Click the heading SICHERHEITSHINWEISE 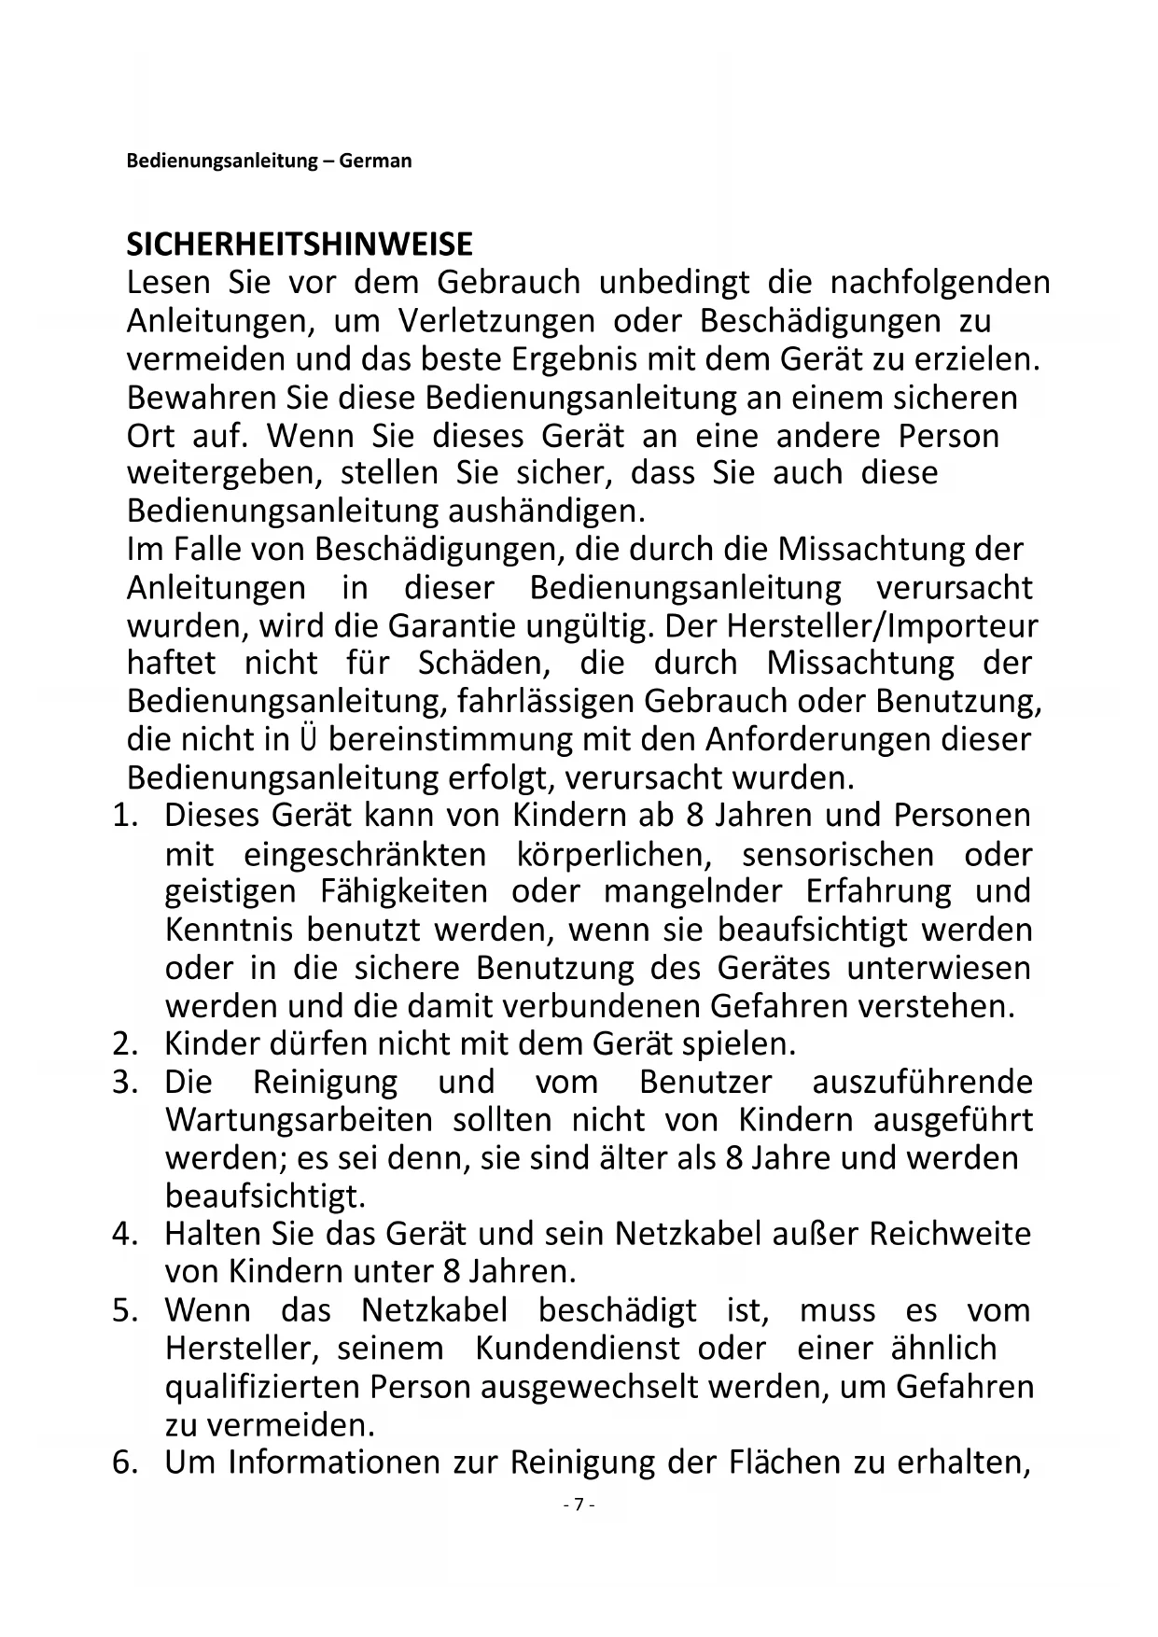point(300,245)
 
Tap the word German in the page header point(375,161)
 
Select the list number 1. point(125,816)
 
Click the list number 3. point(125,1083)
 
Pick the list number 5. point(125,1310)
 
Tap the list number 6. point(125,1462)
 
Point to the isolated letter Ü point(309,739)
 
